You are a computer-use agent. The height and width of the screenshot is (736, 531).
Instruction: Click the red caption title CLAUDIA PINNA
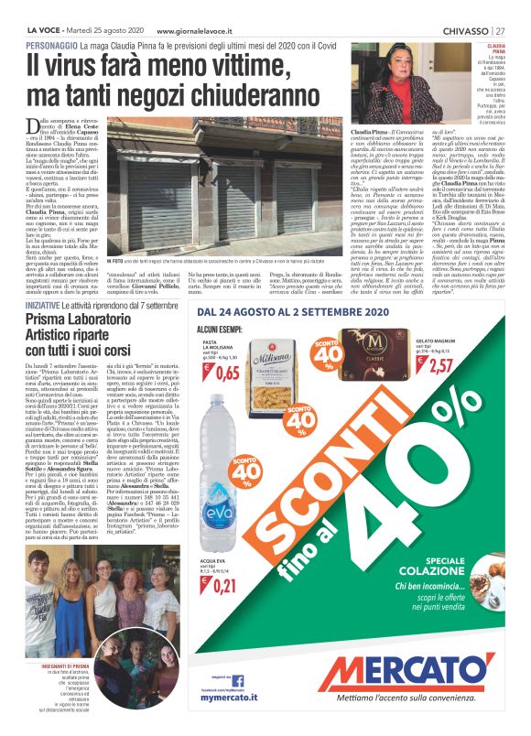click(x=496, y=48)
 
